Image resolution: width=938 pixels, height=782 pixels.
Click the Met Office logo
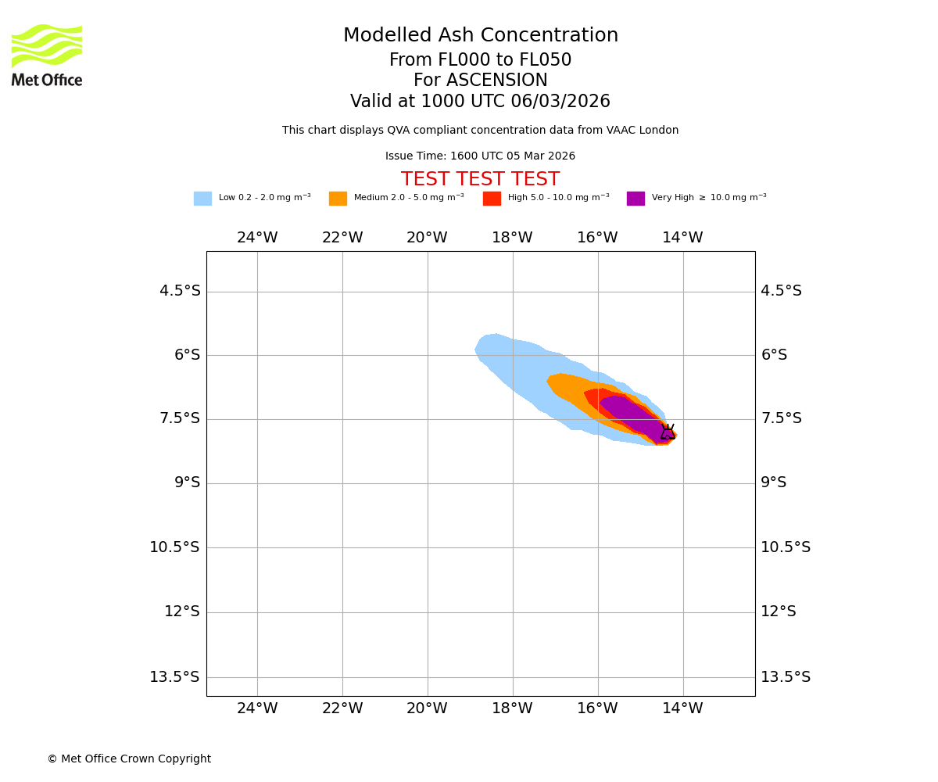(47, 55)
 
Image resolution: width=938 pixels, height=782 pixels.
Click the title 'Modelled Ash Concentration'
(480, 36)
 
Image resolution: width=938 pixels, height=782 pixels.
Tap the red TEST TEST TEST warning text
(480, 179)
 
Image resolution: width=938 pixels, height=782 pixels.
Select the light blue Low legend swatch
(202, 199)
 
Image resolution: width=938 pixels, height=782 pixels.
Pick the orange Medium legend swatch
(338, 199)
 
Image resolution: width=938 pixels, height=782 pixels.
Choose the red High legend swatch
(492, 199)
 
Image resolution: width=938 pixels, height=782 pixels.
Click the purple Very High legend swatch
(635, 199)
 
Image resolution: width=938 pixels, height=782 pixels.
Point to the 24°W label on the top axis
(257, 238)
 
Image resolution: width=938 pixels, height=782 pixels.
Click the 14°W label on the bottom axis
(682, 708)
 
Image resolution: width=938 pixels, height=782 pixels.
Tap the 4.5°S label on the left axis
(180, 291)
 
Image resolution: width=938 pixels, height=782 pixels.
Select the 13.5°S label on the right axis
(786, 677)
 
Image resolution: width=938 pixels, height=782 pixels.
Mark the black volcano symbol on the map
(668, 432)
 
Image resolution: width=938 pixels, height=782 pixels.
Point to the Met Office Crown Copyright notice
(129, 759)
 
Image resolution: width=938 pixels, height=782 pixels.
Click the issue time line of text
(480, 156)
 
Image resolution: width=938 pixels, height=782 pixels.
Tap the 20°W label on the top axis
(427, 238)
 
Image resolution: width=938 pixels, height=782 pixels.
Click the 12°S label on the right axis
(779, 612)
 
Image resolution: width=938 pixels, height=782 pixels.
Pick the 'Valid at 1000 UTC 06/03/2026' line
(480, 102)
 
